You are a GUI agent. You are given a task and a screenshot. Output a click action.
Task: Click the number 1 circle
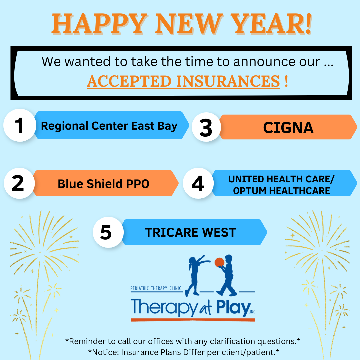click(x=19, y=126)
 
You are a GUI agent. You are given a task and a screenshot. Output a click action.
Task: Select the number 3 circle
click(x=206, y=128)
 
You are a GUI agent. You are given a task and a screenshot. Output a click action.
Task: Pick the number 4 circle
click(x=198, y=183)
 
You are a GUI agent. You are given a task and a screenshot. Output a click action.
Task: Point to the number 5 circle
click(x=106, y=232)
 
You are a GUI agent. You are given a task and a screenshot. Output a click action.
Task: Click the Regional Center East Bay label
click(x=109, y=126)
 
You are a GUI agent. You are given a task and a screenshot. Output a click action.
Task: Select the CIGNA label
click(x=288, y=128)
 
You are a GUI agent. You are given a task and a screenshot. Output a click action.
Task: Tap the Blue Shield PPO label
click(x=103, y=184)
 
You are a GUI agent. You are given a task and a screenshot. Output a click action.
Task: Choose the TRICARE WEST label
click(x=190, y=232)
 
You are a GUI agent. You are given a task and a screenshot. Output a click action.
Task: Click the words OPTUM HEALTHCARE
click(x=281, y=191)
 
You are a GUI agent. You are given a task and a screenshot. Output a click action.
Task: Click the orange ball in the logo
click(x=219, y=262)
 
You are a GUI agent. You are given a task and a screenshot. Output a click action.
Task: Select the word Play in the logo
click(x=230, y=307)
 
